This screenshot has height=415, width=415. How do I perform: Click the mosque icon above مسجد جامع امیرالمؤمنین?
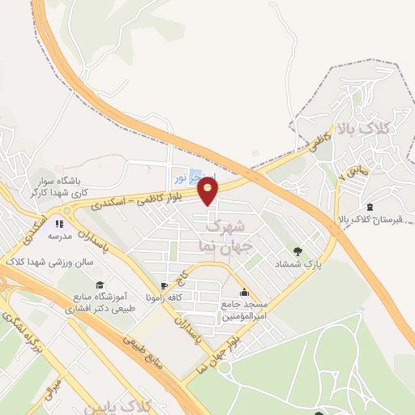coord(244,290)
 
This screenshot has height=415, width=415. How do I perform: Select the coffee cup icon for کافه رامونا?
coord(165,285)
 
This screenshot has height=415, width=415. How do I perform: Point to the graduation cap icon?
coord(99,285)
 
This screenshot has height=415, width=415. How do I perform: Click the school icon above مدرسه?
coord(58,221)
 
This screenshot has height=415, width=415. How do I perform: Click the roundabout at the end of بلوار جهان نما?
coord(225,368)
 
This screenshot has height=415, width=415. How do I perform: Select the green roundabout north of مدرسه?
coord(66,208)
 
